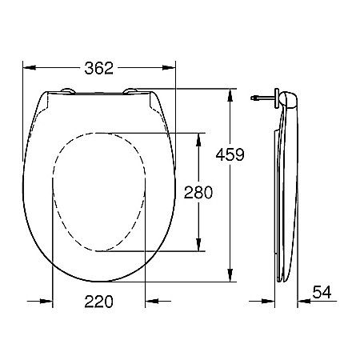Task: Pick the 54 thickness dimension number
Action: [322, 293]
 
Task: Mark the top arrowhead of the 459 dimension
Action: [230, 94]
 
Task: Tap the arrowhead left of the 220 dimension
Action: [48, 302]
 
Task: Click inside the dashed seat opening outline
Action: [99, 192]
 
